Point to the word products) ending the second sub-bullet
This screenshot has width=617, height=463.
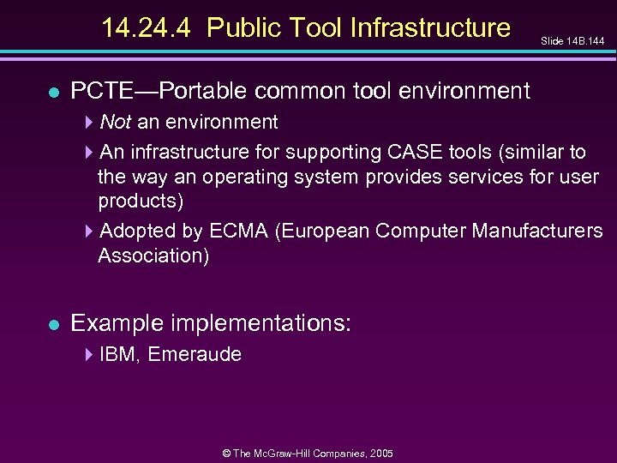[x=141, y=201]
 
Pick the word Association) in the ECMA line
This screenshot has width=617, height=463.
[x=153, y=256]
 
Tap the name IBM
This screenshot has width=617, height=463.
[x=118, y=354]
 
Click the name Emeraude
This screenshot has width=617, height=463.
[x=195, y=354]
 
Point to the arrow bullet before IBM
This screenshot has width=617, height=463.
[x=90, y=354]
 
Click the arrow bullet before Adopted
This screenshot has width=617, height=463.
[x=90, y=231]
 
